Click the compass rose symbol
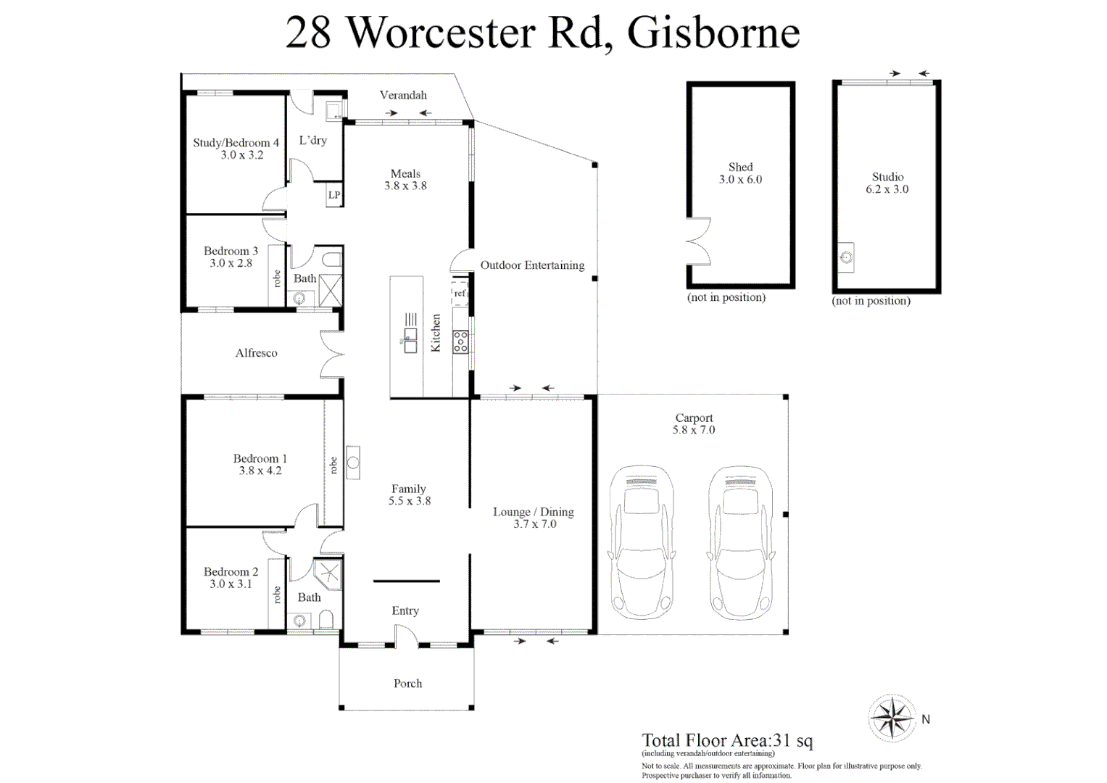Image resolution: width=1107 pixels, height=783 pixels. point(892,718)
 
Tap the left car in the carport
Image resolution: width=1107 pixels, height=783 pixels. point(642,542)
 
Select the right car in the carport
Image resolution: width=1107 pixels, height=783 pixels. point(740,542)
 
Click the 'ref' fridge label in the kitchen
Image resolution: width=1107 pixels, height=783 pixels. point(460,294)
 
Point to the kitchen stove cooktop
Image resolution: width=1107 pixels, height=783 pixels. point(460,341)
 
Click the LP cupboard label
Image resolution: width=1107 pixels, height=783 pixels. point(334,195)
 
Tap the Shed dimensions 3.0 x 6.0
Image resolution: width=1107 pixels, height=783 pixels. point(740,180)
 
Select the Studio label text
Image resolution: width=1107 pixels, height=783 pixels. point(887,177)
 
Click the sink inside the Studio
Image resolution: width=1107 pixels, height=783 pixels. point(845,257)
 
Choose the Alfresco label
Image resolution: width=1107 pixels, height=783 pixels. point(256,353)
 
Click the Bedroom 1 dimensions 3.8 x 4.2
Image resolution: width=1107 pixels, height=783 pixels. point(260,471)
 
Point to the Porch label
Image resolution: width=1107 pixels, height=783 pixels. point(407,684)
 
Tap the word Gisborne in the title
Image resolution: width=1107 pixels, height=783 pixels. point(713,33)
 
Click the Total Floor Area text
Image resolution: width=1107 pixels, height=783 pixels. point(727,740)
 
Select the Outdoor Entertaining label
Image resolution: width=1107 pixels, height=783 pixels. point(532,265)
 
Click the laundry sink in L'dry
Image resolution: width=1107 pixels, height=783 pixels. point(333,111)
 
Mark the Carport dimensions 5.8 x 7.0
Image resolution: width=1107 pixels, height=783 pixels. point(694,430)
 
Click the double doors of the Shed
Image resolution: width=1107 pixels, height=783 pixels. point(699,241)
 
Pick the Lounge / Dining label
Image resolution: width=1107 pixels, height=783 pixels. point(534,512)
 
